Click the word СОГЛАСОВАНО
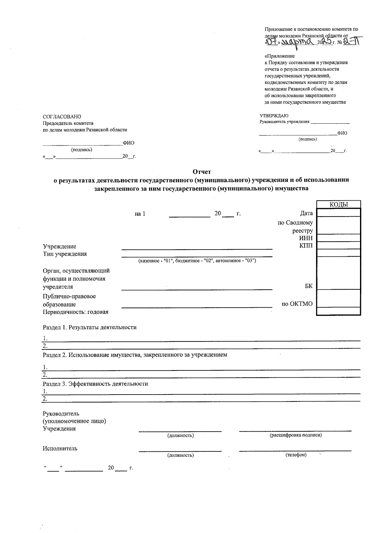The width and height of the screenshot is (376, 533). tap(62, 117)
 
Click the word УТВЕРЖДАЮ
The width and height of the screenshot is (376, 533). tap(274, 116)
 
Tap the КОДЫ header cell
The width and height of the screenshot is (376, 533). tap(339, 205)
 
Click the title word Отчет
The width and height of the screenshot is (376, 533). tap(202, 172)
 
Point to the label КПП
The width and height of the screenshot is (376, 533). tap(306, 246)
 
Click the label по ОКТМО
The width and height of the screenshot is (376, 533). tap(297, 304)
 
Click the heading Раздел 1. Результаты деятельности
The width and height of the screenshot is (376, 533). tap(90, 327)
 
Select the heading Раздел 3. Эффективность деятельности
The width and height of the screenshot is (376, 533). tap(95, 384)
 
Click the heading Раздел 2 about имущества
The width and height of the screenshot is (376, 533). tap(135, 355)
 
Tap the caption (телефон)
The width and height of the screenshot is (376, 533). tap(295, 455)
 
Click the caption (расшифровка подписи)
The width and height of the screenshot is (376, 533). tap(295, 435)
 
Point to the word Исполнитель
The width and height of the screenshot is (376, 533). tap(60, 448)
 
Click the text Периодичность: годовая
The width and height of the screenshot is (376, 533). tap(76, 312)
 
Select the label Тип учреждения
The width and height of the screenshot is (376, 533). tap(65, 254)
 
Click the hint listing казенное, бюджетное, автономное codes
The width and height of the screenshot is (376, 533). tap(197, 261)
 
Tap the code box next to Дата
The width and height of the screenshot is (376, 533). tap(339, 213)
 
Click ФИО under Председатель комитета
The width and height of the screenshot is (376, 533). tap(128, 143)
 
